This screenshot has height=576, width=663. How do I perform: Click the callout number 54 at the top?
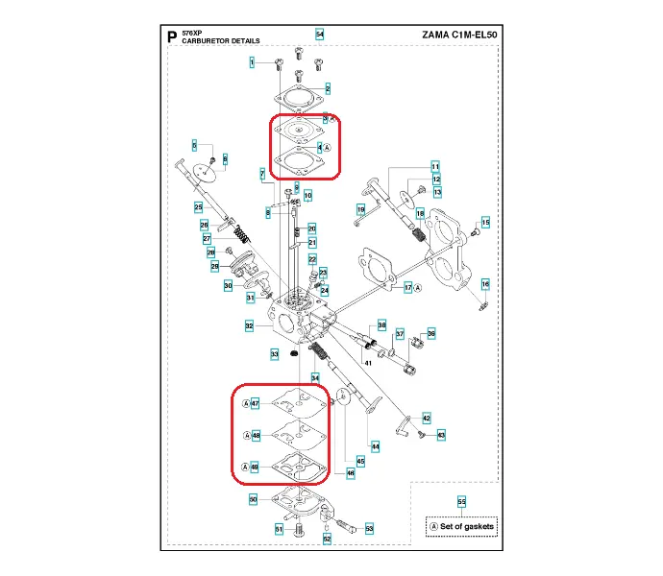[x=320, y=35]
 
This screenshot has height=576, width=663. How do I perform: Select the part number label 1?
[x=253, y=62]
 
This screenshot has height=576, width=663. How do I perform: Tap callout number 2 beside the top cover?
[x=328, y=88]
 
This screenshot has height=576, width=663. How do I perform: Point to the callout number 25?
[x=198, y=206]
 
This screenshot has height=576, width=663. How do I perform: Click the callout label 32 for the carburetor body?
[x=249, y=326]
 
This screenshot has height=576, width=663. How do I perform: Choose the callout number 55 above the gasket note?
[x=461, y=502]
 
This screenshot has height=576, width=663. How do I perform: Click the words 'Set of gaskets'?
[x=467, y=526]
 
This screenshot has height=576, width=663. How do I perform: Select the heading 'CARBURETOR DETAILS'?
[x=212, y=42]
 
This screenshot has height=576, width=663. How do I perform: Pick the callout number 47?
[x=255, y=404]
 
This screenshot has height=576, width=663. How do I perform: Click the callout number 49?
[x=255, y=467]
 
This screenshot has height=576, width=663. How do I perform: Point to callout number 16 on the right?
[x=485, y=284]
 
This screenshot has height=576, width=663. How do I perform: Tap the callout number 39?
[x=431, y=333]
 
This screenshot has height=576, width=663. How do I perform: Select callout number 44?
[x=376, y=445]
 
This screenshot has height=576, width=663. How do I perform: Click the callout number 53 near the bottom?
[x=369, y=528]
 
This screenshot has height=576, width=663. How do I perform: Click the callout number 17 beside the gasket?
[x=408, y=287]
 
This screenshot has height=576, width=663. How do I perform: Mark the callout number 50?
[x=253, y=499]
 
